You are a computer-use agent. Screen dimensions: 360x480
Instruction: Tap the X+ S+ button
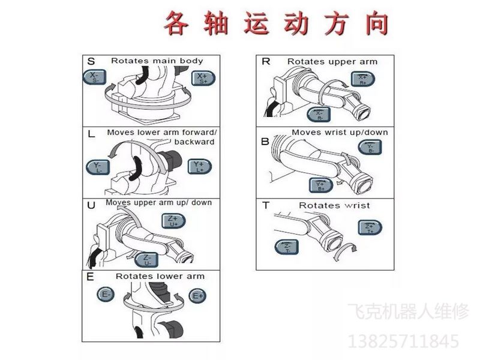coord(202,78)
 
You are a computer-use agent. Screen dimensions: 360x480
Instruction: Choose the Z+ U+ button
coord(175,220)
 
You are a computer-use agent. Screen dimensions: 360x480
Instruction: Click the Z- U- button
coord(148,259)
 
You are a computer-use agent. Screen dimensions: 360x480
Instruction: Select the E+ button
coord(197,295)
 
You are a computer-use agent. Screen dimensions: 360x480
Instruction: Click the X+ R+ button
coord(362,79)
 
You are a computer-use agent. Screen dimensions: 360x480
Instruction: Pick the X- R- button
coord(319,114)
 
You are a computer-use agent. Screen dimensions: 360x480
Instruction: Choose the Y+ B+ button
coord(321,185)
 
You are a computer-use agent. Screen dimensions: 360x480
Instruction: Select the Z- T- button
coord(287,247)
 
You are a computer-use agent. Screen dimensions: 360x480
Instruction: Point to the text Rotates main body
coord(157,61)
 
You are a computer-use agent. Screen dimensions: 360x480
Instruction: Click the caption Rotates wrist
coord(334,205)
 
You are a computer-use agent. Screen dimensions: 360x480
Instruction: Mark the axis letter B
coord(265,142)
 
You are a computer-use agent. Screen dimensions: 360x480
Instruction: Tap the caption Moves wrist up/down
coord(340,132)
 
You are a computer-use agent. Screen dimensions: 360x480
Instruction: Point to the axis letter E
coord(90,277)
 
